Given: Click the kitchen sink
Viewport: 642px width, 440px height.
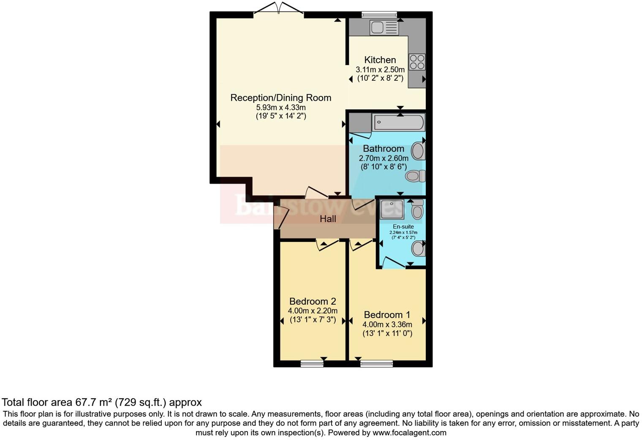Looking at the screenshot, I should point(384,28).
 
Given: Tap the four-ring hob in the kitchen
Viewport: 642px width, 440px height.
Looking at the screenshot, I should point(417,62).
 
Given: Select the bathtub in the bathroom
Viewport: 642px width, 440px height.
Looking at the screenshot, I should point(398,123).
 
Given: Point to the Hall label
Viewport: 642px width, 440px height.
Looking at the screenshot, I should point(328,219).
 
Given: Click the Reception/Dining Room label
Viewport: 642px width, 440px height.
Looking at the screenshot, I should point(280,98).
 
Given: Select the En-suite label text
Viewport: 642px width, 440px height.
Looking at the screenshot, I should point(403,227).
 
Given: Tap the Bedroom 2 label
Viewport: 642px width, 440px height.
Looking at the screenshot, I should point(313,301).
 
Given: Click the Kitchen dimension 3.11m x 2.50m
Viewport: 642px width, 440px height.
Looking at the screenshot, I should point(380,69).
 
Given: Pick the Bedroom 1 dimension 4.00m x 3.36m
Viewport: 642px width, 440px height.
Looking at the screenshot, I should point(387,324).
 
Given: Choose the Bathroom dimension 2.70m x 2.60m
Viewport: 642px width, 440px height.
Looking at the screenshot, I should point(384,158).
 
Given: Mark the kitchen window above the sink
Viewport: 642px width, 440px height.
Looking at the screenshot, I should point(379,14).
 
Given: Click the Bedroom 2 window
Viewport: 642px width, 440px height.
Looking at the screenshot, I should point(312,363).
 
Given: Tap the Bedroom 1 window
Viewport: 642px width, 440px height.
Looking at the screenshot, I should point(377,363).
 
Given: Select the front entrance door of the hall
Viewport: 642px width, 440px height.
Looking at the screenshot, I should point(280,218).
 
